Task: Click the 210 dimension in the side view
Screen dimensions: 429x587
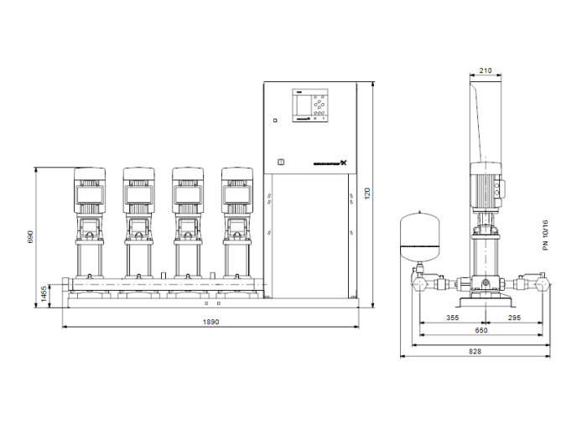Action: click(x=486, y=71)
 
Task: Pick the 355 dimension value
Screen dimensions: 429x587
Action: click(x=452, y=318)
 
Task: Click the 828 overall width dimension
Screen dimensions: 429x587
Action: click(x=475, y=351)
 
